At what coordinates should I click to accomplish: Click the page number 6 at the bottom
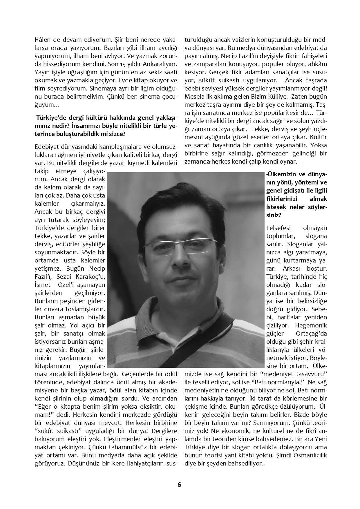click(x=179, y=485)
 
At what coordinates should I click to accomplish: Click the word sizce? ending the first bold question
click(x=116, y=134)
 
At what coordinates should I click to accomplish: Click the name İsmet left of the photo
click(x=42, y=285)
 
